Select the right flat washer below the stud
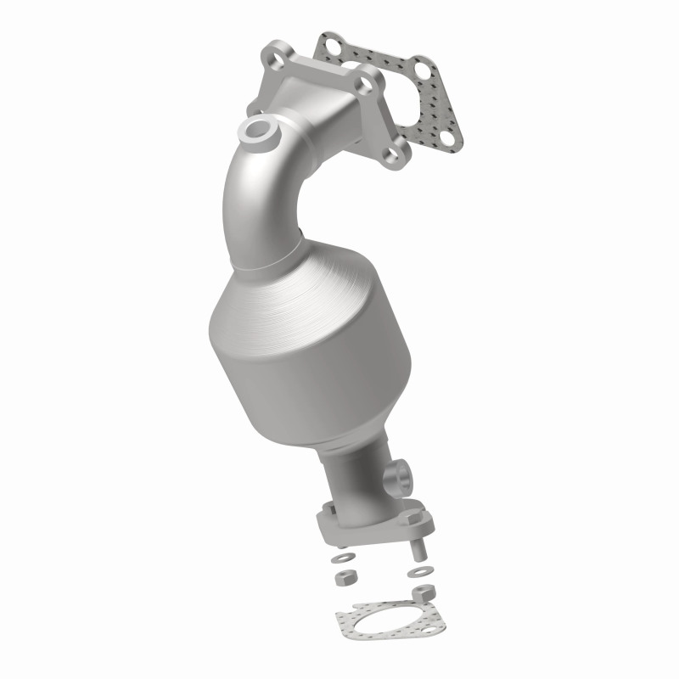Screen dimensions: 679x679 coord(420,571)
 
